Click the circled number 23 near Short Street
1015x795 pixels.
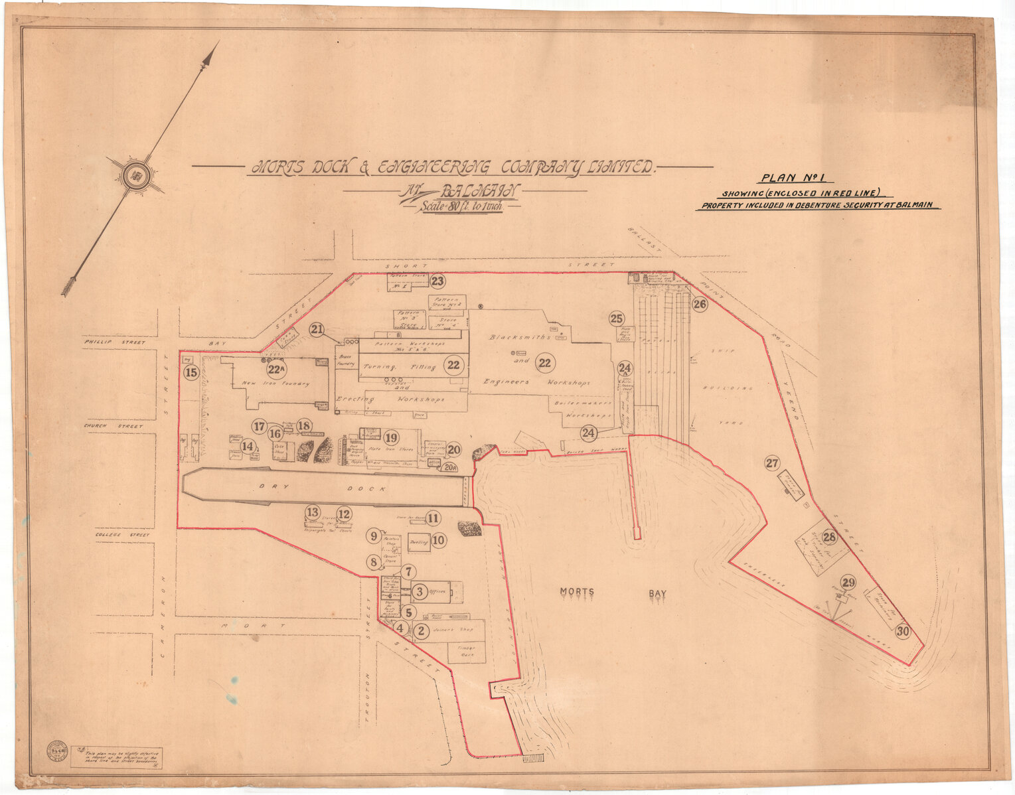437,281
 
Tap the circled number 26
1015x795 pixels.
700,305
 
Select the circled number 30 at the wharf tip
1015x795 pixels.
903,632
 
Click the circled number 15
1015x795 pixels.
191,372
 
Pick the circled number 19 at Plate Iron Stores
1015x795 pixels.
391,438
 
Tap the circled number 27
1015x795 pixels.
772,464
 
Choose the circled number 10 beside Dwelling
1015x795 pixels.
438,540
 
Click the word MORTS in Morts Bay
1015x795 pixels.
577,592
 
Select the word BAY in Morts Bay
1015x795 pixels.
657,594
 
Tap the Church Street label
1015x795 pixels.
113,426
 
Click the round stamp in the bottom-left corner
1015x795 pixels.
57,751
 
